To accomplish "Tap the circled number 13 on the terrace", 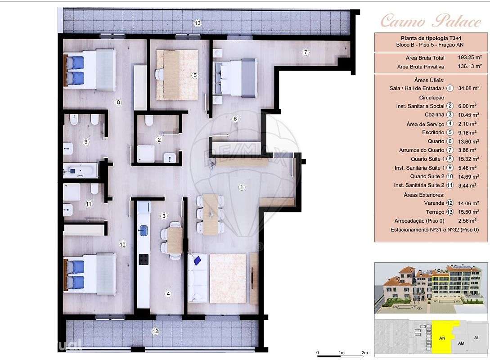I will [x=197, y=23].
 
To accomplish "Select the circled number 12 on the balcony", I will [x=155, y=332].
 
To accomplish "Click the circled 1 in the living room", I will [x=242, y=187].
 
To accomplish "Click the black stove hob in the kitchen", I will [x=144, y=259].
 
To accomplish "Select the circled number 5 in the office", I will [x=195, y=75].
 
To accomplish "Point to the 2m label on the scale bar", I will [x=364, y=353].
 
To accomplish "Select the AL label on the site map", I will [x=477, y=337].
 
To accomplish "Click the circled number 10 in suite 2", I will [x=122, y=244].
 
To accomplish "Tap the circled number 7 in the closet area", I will [x=306, y=52].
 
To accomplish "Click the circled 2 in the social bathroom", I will [x=159, y=139].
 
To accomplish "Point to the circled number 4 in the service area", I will [x=168, y=294].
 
